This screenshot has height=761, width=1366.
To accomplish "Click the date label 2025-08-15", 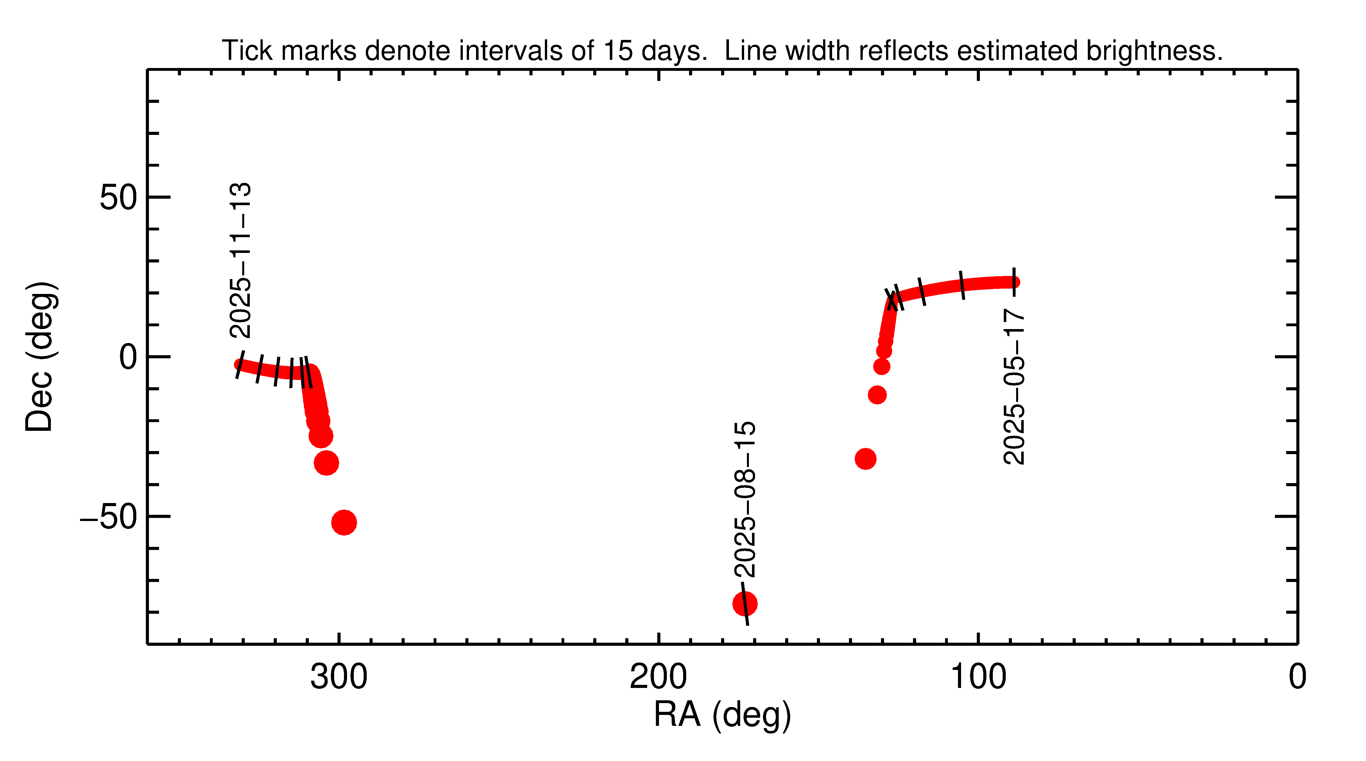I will coord(745,499).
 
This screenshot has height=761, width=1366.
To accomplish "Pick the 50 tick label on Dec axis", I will coord(118,198).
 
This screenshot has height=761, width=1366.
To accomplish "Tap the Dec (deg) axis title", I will coord(40,357).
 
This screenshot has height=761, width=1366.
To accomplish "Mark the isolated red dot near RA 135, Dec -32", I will coord(866,459).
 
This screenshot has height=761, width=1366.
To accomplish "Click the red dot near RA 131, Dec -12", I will coord(877,395).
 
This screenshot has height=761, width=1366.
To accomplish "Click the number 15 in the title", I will coord(618,51).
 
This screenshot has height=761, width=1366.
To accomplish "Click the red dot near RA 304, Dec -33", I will coord(326,463).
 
